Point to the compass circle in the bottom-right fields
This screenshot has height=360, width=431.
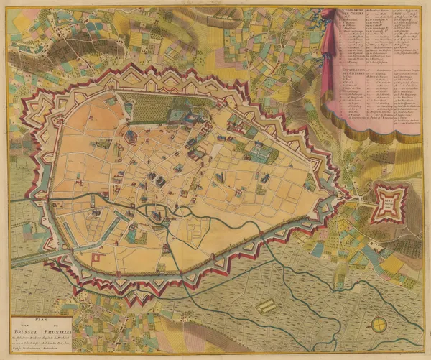(x=379, y=325)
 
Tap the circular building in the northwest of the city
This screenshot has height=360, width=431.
(x=131, y=134)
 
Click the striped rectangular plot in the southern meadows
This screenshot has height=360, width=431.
(x=266, y=306)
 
